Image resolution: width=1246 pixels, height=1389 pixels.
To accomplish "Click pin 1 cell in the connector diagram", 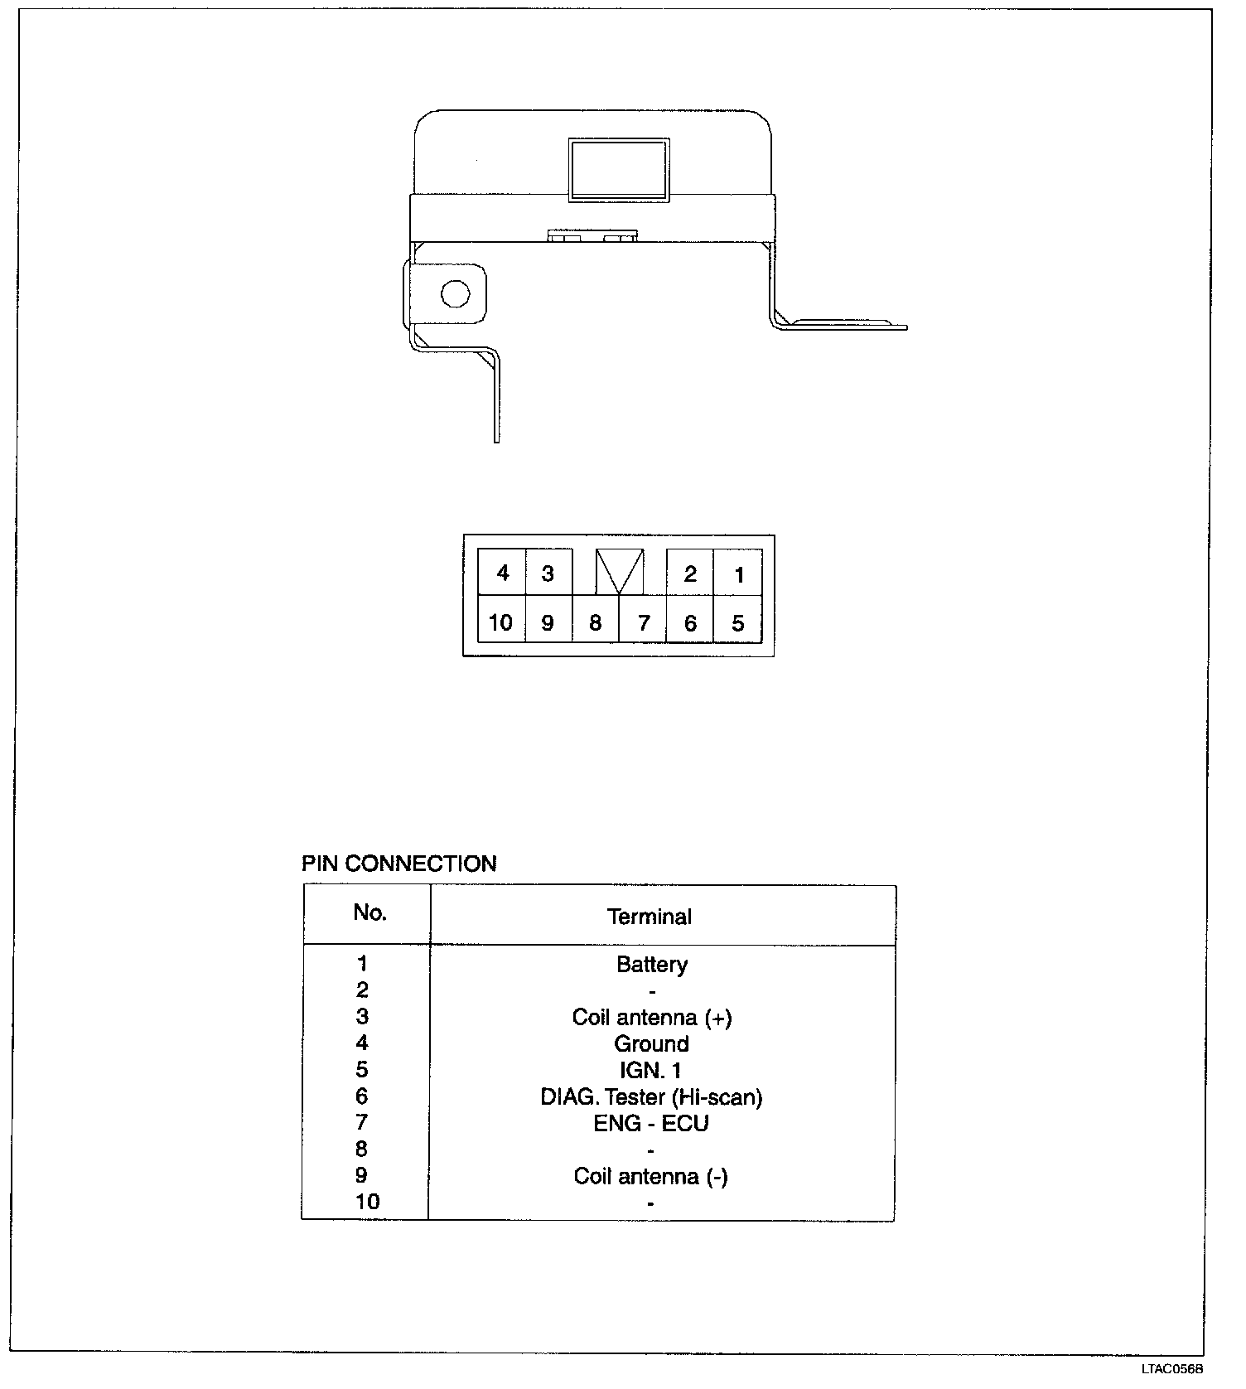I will point(738,574).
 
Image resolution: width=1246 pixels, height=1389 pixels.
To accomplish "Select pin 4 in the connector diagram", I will point(502,573).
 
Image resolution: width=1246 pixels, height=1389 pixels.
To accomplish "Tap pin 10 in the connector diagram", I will point(500,622).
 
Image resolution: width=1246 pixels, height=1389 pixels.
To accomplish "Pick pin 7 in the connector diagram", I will point(643,622).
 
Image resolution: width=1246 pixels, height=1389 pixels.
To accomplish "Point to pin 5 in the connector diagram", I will point(738,622).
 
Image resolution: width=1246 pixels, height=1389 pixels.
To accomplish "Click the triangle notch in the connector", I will point(620,570).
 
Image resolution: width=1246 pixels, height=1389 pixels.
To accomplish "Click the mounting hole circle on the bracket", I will point(455,293).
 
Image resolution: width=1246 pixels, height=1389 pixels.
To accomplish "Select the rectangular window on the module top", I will point(618,169).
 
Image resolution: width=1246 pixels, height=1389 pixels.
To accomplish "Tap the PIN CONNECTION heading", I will point(398,864).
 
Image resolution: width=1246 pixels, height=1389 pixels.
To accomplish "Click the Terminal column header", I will point(649,917).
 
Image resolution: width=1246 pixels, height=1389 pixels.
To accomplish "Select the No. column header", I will point(369,912).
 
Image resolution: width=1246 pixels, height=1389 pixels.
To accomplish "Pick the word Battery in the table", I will point(652,964).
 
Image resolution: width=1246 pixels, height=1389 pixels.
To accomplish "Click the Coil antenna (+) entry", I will point(652,1017).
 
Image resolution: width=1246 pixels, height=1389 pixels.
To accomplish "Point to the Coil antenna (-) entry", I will point(650,1176).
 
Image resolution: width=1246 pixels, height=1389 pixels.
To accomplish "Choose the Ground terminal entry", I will point(651,1043).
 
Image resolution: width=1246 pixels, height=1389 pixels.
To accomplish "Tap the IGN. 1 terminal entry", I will point(650,1070).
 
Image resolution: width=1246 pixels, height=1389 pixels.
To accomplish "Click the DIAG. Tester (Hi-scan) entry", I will point(651,1097).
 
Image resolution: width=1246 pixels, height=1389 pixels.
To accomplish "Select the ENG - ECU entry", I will point(651,1123).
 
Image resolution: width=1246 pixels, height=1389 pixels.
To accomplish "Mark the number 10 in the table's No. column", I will point(367,1202).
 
